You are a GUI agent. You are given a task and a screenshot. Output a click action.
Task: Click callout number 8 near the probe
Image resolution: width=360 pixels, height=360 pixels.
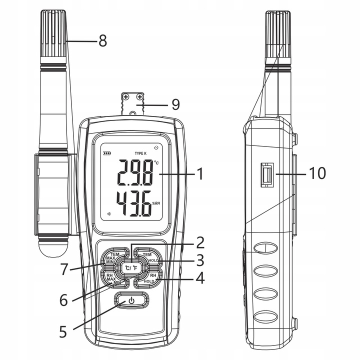coord(102,40)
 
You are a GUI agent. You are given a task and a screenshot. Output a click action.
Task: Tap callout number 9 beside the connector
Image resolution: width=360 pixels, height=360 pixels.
coord(175,104)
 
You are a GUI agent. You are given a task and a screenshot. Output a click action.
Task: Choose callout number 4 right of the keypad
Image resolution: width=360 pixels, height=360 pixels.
coord(200,278)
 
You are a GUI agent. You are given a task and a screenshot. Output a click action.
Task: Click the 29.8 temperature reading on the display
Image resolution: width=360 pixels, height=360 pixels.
coord(134,173)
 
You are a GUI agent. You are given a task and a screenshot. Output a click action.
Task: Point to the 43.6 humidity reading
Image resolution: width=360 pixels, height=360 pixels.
coord(134,204)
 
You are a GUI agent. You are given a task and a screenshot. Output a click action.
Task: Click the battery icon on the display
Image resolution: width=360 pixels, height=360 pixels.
coord(106,153)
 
